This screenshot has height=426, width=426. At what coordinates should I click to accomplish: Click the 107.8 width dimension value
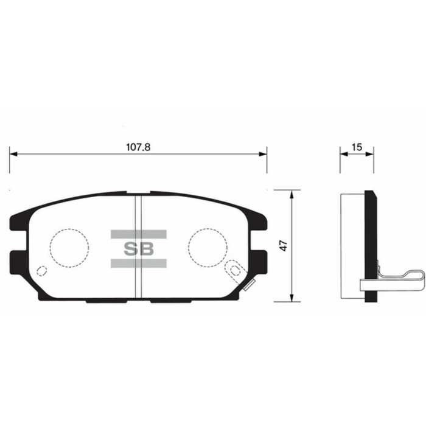click(138, 147)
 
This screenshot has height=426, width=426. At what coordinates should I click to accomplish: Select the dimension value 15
click(357, 147)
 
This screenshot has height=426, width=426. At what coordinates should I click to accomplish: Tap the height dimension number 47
click(284, 245)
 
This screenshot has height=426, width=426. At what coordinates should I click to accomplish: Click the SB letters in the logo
click(139, 248)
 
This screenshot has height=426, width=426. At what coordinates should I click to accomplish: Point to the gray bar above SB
click(139, 234)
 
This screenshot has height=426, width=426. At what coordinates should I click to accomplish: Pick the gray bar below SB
click(139, 263)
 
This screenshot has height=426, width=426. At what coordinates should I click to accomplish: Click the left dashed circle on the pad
click(69, 248)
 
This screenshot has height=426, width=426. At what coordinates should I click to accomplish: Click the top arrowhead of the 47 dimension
click(293, 194)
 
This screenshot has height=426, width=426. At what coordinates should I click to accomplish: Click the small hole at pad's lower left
click(41, 271)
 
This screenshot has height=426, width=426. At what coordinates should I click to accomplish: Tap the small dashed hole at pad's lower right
click(234, 268)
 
